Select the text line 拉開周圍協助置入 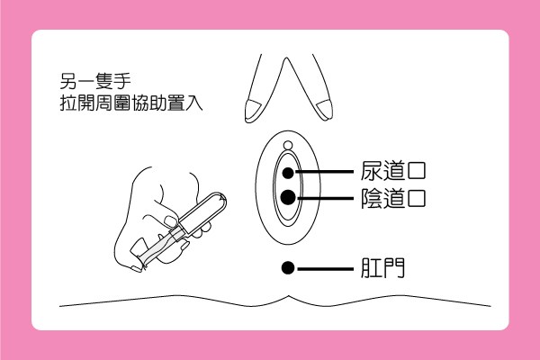tap(126, 103)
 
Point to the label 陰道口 tap(391, 197)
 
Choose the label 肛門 tap(380, 267)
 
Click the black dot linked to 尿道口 tap(287, 171)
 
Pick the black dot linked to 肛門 tap(287, 267)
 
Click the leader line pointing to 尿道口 tap(324, 171)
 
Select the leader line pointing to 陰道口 tap(324, 197)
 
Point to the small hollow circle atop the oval tap(287, 146)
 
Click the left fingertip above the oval tap(250, 110)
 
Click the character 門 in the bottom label tap(392, 267)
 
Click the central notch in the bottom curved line tap(287, 297)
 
